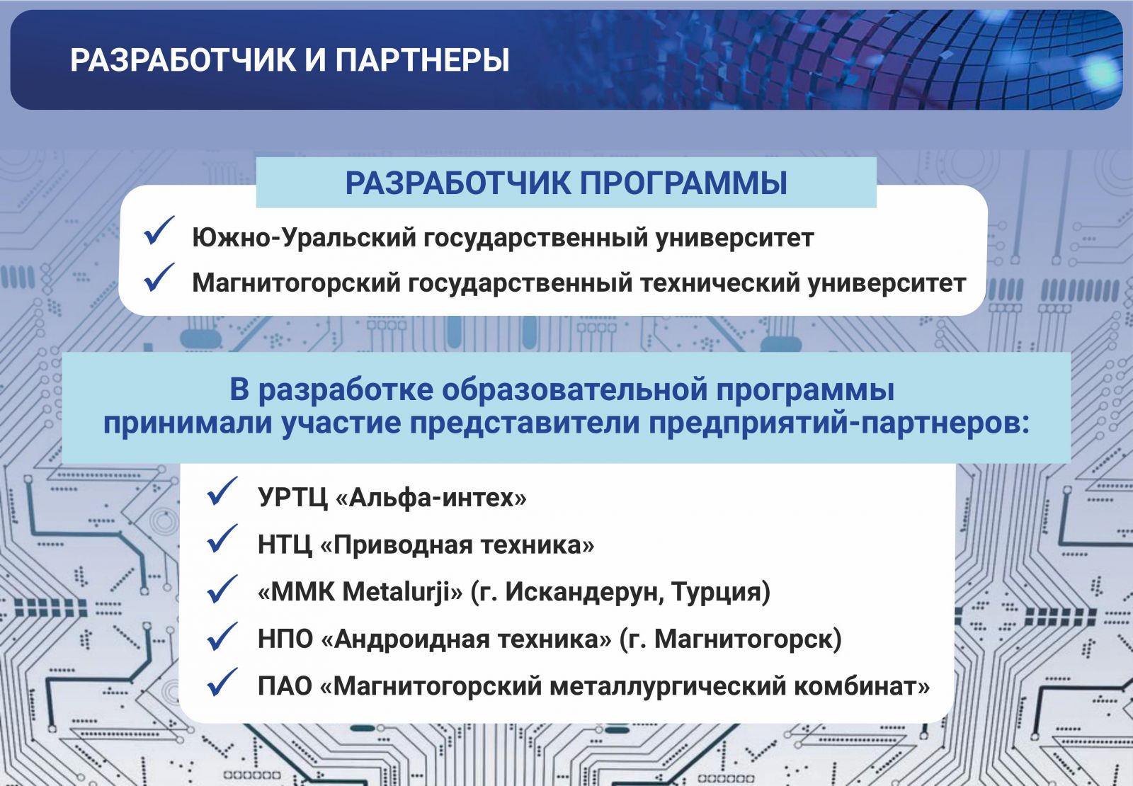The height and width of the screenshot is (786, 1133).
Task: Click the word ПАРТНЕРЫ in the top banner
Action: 422,60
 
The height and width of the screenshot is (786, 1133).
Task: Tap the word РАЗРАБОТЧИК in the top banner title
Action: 183,60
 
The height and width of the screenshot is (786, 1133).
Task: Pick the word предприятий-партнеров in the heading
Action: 838,423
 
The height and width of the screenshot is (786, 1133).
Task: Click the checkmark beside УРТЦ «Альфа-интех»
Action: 222,491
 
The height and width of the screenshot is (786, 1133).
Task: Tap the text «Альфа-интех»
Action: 431,498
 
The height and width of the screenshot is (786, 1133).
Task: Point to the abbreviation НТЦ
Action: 285,545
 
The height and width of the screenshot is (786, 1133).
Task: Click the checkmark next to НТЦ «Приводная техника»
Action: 222,538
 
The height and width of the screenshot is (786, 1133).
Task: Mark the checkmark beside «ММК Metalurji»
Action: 222,588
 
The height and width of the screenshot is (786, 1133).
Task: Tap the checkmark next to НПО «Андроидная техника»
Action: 222,636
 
